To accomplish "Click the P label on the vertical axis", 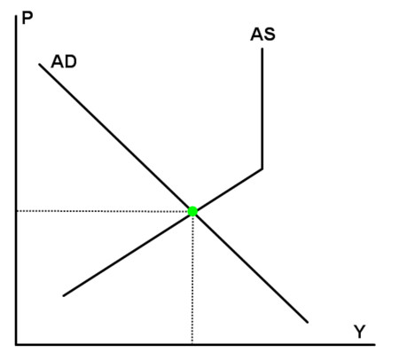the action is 27,19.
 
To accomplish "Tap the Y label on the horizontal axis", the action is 359,332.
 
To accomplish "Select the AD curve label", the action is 64,62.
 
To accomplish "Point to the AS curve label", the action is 262,35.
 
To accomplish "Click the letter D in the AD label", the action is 71,62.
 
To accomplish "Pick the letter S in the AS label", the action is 270,35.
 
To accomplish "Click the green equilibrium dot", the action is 192,211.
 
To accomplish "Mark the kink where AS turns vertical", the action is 262,169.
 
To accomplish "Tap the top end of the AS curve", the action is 262,49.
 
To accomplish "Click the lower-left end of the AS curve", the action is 64,295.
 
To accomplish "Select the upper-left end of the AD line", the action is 39,64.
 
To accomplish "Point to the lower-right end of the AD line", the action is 308,322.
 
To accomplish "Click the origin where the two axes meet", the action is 16,344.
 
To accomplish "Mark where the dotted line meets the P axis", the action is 17,211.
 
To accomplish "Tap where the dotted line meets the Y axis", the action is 192,344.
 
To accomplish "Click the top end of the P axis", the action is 16,16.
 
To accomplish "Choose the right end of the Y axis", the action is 375,344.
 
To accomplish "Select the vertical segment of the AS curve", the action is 262,109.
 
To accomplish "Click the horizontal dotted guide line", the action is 102,211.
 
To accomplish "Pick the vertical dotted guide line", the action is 192,279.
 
